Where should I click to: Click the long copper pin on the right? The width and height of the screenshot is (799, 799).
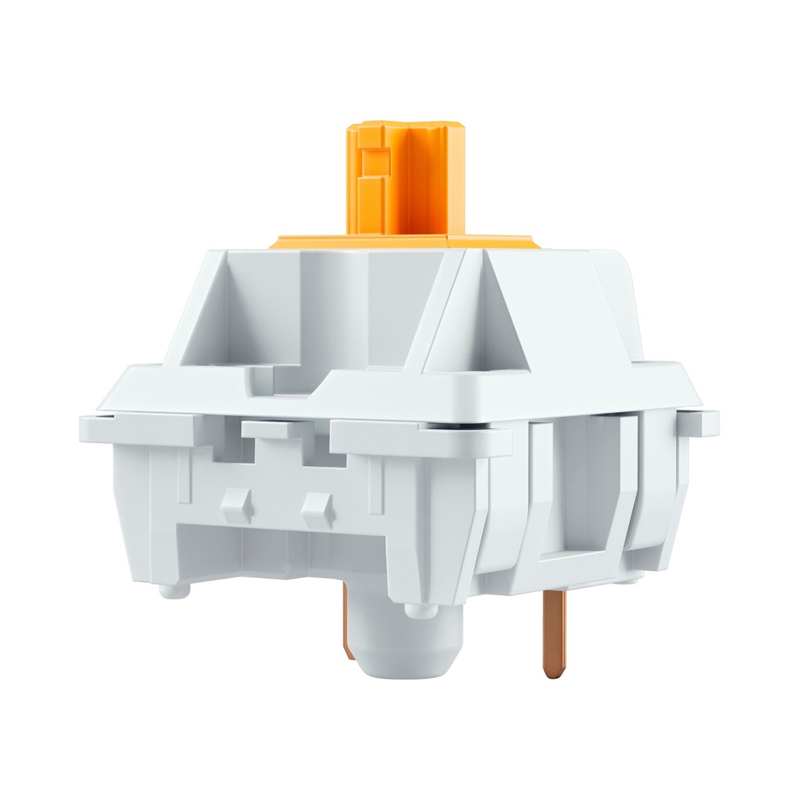tap(554, 632)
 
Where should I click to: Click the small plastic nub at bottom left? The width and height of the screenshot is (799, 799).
tap(173, 590)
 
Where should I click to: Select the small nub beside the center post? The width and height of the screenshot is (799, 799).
tap(421, 609)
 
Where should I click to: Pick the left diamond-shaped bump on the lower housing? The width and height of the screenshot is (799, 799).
tap(236, 506)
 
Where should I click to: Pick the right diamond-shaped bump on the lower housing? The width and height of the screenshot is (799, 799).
tap(318, 509)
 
